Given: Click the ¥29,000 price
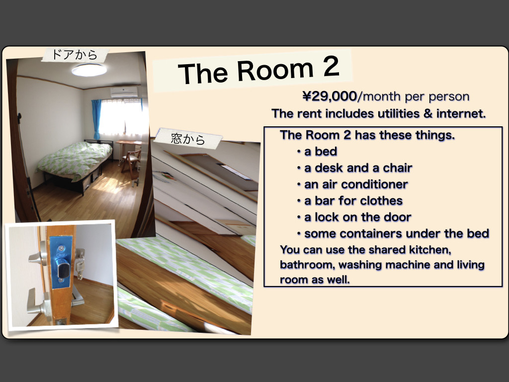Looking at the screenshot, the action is [x=330, y=96].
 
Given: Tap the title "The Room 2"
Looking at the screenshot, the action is [x=258, y=70].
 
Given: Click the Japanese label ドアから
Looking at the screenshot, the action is [x=75, y=54].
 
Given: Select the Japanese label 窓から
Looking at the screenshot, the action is [x=188, y=139].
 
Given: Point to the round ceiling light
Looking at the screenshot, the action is [x=89, y=70].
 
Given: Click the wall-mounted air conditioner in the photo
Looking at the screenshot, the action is [x=124, y=92].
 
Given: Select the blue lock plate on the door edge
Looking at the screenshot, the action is [x=61, y=262].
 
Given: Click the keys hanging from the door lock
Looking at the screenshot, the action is [x=80, y=264].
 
